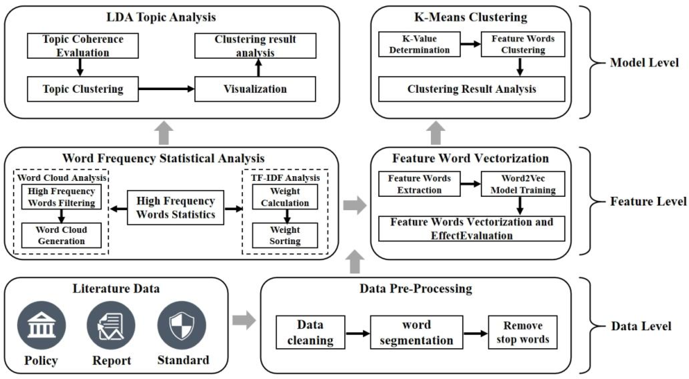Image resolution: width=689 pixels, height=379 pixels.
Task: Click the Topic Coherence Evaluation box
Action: coord(83,46)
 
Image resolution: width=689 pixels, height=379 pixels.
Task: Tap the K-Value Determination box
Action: coord(419,44)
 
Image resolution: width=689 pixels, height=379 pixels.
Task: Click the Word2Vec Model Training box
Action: coord(523,184)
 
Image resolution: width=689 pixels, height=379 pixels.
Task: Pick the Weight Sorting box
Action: coord(285,235)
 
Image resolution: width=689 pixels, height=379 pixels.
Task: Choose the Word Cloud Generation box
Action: coord(61,235)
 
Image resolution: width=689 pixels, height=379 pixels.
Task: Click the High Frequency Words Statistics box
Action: coord(175,208)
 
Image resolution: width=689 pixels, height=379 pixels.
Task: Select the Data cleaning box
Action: coord(310,332)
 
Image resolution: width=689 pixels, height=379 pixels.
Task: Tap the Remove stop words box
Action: coord(523,332)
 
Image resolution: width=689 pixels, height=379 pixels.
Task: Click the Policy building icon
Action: coord(42,325)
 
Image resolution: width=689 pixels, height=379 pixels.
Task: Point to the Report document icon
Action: coord(111,325)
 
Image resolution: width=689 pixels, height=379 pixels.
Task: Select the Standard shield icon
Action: coord(182,325)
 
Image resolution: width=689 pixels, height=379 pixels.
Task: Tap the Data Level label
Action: coord(641,326)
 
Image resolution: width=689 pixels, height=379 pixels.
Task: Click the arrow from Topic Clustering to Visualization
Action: coord(166,89)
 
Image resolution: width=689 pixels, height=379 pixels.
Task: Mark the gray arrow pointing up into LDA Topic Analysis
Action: coord(164,133)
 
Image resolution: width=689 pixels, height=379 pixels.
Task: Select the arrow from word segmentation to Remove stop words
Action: coord(475,333)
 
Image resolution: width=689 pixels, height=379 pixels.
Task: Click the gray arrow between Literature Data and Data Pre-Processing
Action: coord(244,320)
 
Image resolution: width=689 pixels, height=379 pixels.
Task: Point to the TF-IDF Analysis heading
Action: coord(285,178)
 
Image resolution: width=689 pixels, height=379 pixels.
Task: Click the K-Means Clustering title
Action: coord(471,17)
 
